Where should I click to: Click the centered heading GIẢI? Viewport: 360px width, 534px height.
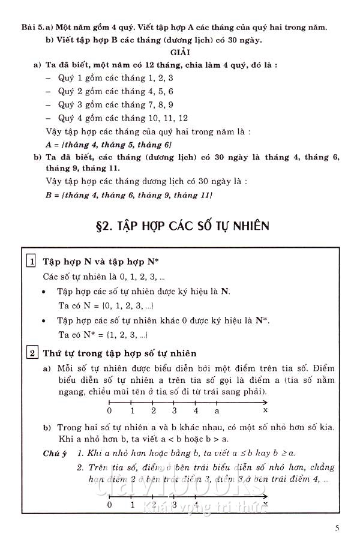[x=179, y=53]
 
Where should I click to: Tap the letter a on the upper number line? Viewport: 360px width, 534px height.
[x=217, y=412]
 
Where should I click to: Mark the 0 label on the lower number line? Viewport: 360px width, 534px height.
[x=109, y=505]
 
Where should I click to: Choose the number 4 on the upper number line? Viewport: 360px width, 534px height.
[x=196, y=412]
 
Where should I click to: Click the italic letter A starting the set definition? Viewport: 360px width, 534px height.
[x=49, y=145]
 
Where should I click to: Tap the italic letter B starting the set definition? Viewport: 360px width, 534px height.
[x=49, y=195]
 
